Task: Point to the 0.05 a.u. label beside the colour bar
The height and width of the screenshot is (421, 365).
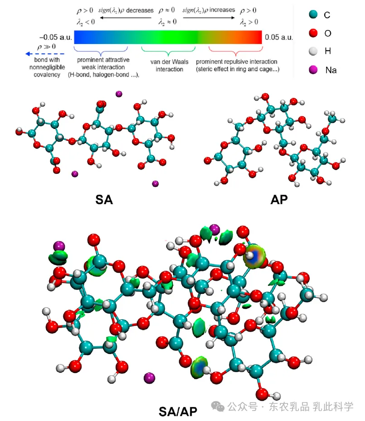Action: pyautogui.click(x=280, y=38)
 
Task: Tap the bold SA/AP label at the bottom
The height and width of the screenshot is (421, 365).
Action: pyautogui.click(x=178, y=410)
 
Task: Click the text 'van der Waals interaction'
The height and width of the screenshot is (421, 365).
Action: pyautogui.click(x=169, y=66)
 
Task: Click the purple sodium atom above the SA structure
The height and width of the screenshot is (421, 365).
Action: pyautogui.click(x=119, y=94)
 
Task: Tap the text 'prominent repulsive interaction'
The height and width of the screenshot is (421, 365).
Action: pyautogui.click(x=236, y=62)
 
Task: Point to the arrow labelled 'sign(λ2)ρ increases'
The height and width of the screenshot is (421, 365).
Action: pyautogui.click(x=209, y=18)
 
